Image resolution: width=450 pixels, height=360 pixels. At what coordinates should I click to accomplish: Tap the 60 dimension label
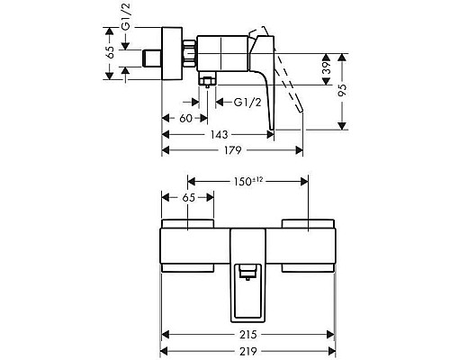pos(184,118)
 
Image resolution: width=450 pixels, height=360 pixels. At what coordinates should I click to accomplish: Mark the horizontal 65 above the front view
pos(189,195)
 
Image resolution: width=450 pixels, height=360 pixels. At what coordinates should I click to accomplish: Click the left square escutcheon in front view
pos(189,244)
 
